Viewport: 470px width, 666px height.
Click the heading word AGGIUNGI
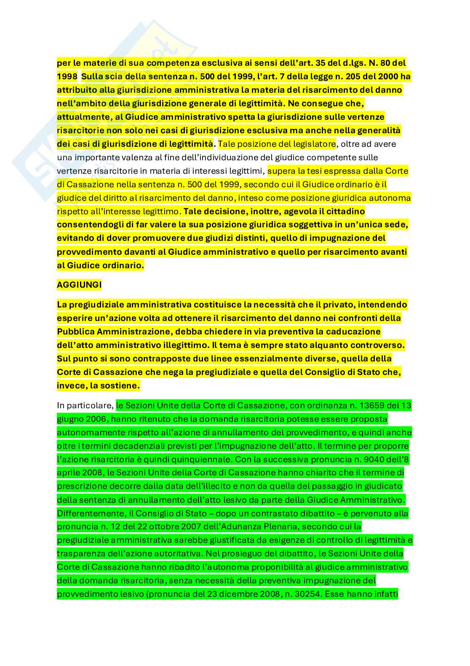point(79,285)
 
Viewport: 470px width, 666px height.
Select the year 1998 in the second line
point(67,76)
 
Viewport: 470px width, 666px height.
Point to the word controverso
point(379,345)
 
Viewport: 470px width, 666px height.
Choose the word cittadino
point(342,211)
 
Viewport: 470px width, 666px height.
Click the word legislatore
point(312,144)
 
